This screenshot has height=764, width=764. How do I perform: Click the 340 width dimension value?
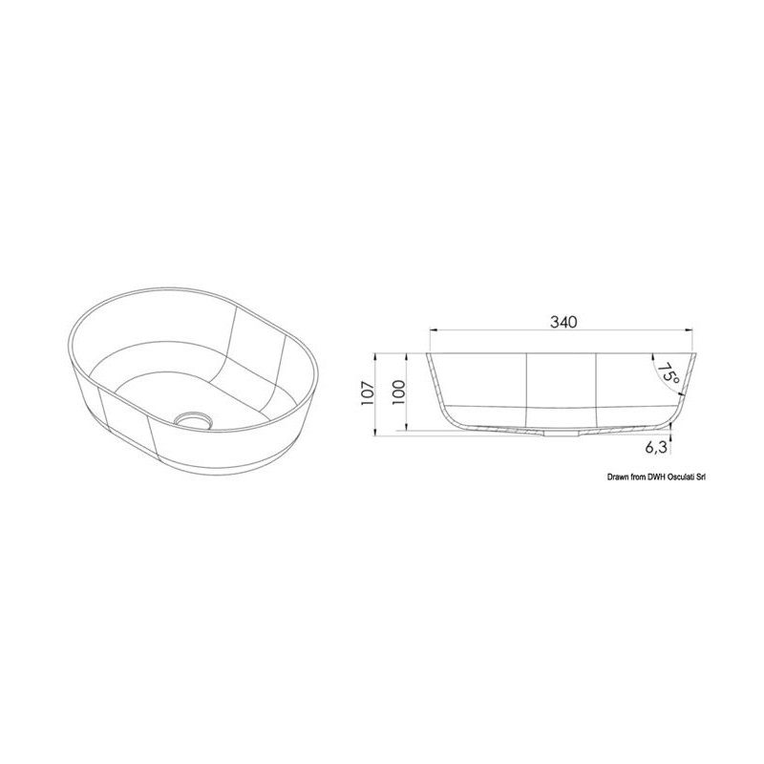pos(563,322)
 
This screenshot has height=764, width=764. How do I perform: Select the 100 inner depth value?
pos(399,391)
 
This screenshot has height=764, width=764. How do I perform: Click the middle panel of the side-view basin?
pos(562,387)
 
